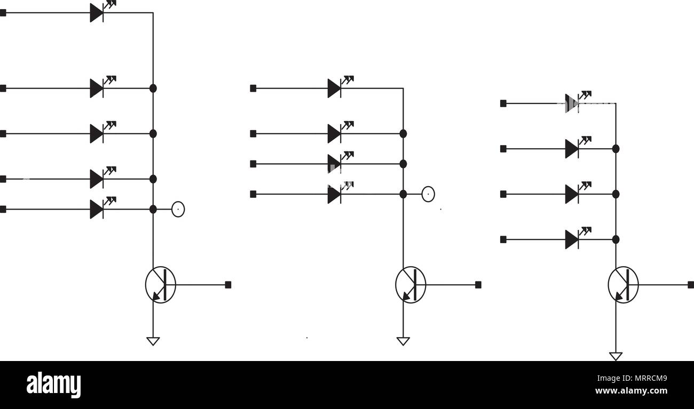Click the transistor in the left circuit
tap(161, 285)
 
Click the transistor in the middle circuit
tap(411, 285)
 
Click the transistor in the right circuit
tap(623, 285)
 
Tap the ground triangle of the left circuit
tap(153, 341)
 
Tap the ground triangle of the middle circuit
tap(403, 341)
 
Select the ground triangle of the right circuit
tap(616, 356)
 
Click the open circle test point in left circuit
tap(178, 210)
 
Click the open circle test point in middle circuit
tap(428, 194)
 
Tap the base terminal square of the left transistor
tap(228, 285)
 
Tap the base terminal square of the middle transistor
tap(478, 285)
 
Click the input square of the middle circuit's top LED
tap(253, 88)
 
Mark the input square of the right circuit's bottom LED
tap(503, 239)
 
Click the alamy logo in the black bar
tap(53, 384)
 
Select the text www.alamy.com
tap(631, 391)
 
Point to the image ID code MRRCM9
tap(651, 378)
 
